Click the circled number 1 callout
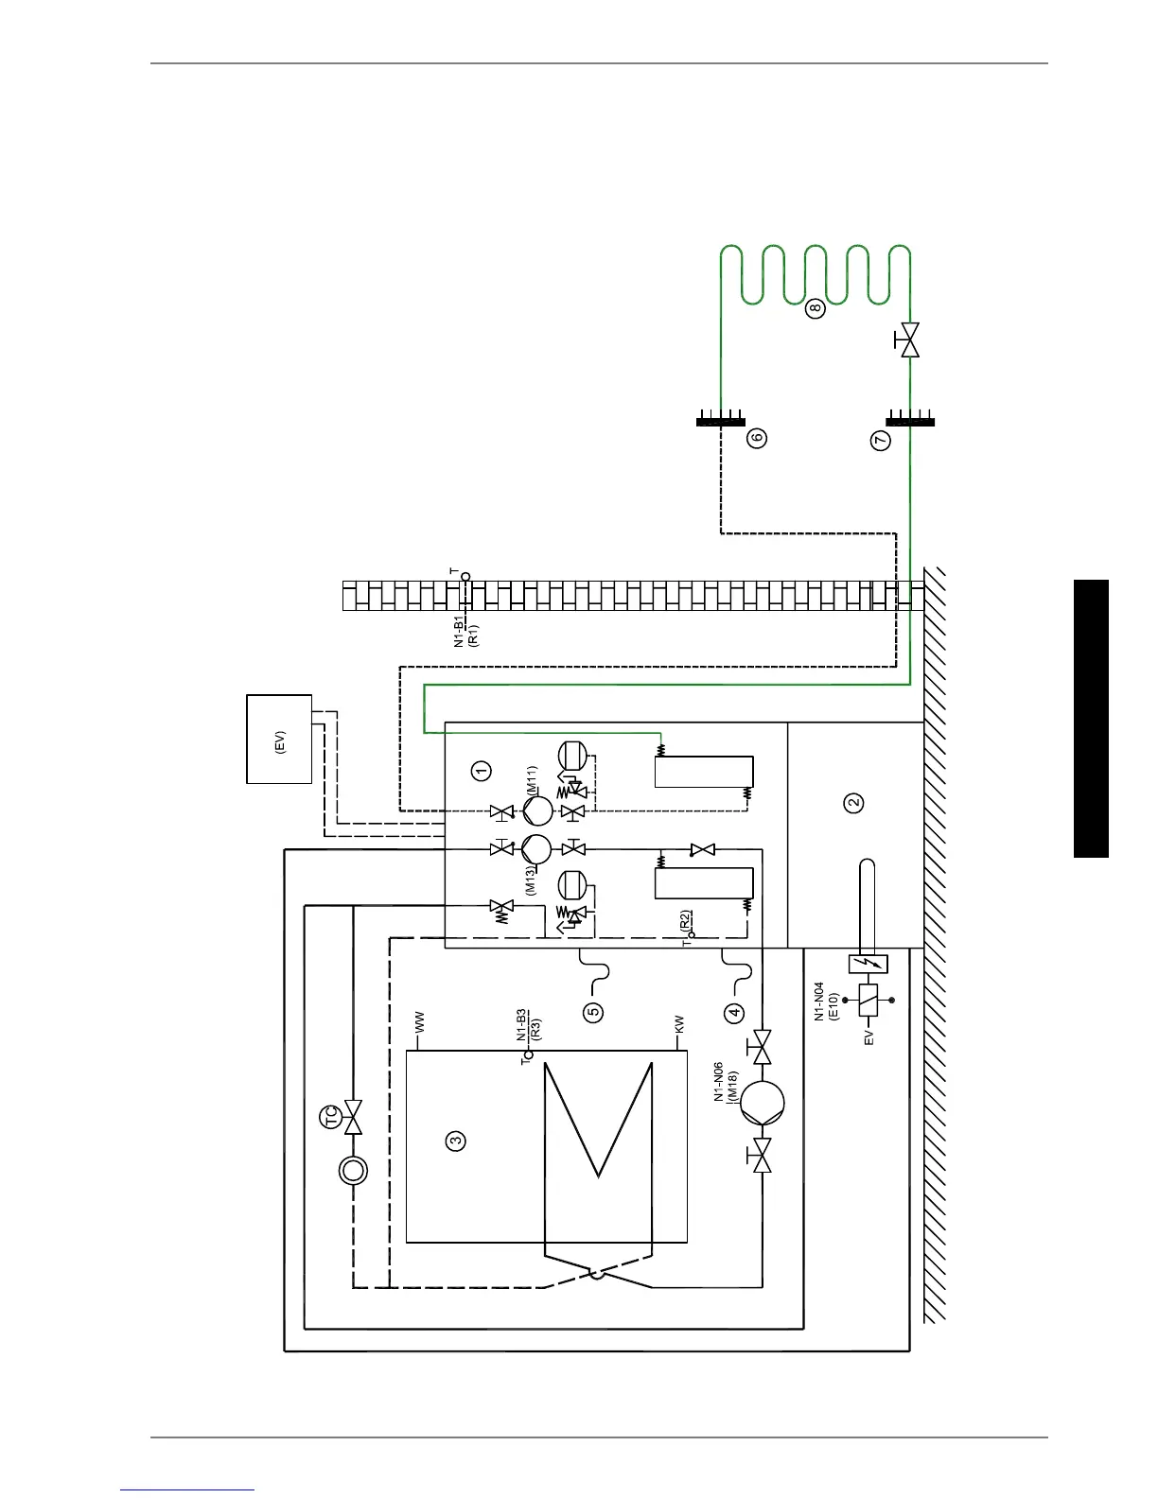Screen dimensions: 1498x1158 (482, 770)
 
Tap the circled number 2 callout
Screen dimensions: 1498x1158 (854, 802)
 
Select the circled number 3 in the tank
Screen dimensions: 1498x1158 (456, 1141)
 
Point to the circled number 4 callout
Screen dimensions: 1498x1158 (734, 1013)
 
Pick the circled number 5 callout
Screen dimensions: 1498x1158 (593, 1012)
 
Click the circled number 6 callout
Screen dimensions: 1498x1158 (756, 438)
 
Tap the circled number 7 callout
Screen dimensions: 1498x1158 (881, 440)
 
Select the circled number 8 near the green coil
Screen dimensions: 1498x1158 (816, 307)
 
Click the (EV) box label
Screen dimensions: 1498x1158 (279, 740)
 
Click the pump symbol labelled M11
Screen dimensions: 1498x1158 (536, 811)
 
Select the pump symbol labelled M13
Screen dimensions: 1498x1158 (536, 848)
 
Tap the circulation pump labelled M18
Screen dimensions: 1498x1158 (762, 1103)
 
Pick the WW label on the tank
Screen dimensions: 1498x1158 (420, 1022)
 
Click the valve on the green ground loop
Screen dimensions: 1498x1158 (910, 340)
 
